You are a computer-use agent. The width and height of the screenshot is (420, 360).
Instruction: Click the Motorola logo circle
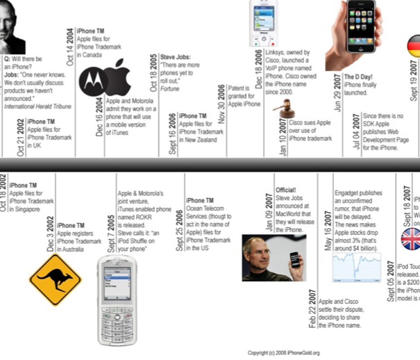tap(93, 82)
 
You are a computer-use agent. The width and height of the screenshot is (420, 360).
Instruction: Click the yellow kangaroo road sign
tap(55, 279)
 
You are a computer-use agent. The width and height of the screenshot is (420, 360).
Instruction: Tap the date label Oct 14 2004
tap(69, 44)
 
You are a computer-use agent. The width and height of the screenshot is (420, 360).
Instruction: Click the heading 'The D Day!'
tap(360, 76)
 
